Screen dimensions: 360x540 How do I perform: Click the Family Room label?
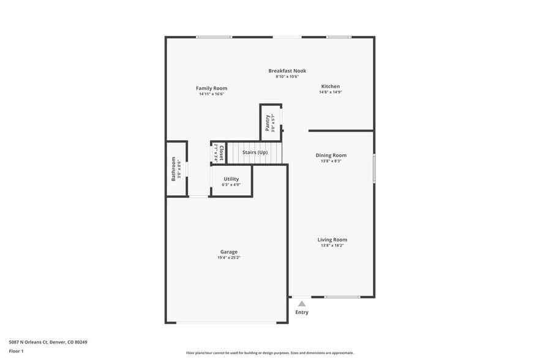211,88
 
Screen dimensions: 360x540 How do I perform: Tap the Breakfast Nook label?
287,70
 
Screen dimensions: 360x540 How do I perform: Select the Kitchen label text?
330,86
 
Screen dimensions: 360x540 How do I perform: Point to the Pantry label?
268,122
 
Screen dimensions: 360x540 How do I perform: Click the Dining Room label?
331,156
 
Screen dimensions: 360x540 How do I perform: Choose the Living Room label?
332,240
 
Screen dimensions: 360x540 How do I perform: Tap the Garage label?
229,252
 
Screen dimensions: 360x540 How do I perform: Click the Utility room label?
231,179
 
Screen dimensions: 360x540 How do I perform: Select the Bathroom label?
173,169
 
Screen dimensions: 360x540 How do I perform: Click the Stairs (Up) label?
255,152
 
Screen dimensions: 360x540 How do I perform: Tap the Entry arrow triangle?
302,303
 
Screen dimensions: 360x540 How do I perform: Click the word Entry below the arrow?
302,312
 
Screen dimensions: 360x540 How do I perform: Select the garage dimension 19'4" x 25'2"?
229,258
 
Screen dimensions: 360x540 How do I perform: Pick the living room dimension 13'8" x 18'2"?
332,246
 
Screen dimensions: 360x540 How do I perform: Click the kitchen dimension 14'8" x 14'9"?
330,92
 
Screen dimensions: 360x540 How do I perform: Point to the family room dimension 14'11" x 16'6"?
211,94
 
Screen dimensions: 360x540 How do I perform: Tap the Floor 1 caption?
16,351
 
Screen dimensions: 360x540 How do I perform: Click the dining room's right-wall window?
373,168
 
